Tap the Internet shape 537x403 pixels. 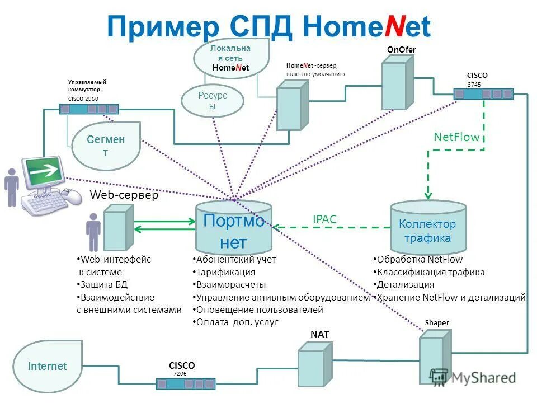tap(48, 366)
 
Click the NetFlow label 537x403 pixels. tap(456, 137)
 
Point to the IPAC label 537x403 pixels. tap(324, 219)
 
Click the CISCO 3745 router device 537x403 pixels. tap(483, 94)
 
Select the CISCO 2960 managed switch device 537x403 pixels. tap(89, 109)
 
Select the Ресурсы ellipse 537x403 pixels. tap(213, 101)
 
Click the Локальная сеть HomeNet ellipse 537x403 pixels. tap(230, 58)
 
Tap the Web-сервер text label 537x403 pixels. tap(124, 195)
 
